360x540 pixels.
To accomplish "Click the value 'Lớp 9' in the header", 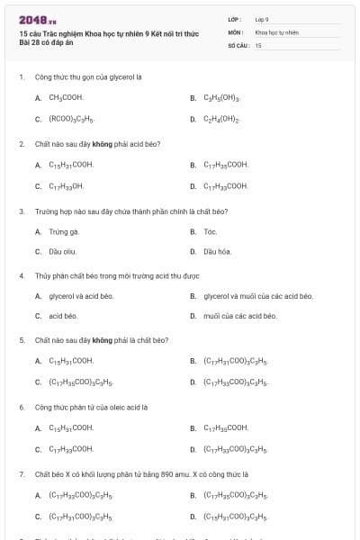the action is tap(262, 19).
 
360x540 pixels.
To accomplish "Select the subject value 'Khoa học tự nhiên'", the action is tap(276, 31).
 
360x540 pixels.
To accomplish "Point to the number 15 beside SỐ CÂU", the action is tap(258, 45).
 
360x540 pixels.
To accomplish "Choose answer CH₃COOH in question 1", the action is tap(66, 97).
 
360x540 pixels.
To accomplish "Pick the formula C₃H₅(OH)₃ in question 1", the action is tap(221, 97).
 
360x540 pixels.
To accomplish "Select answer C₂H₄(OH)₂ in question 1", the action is tap(221, 119).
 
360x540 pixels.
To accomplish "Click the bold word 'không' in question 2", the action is tap(102, 143).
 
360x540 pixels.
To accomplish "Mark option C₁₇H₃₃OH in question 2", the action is tap(66, 186).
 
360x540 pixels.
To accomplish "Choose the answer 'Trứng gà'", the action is tap(58, 231).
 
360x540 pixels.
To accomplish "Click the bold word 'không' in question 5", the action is tap(102, 340).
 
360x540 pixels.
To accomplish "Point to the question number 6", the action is tap(21, 407).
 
